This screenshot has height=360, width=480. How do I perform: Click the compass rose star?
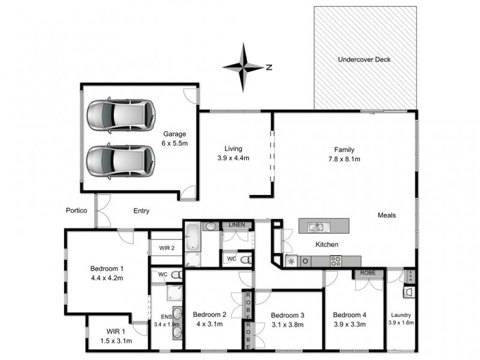(244, 67)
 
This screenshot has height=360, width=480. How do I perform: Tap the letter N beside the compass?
(269, 67)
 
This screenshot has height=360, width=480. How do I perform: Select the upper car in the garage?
(121, 115)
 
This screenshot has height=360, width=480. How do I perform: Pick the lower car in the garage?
(121, 160)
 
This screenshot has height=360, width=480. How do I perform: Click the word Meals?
(387, 215)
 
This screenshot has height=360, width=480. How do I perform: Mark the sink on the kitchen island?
(316, 226)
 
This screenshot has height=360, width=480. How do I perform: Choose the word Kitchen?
(327, 245)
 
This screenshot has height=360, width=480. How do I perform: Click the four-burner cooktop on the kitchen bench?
(335, 260)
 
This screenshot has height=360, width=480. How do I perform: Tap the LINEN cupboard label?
(235, 225)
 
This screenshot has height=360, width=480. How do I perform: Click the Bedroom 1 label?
(107, 272)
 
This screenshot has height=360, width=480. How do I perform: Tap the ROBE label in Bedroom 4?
(367, 273)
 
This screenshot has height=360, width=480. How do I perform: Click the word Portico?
(77, 211)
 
